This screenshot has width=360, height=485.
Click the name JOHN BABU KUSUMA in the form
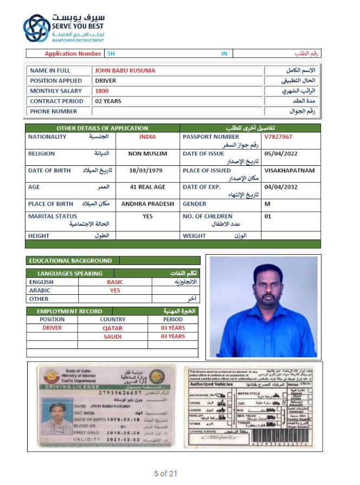pyautogui.click(x=125, y=70)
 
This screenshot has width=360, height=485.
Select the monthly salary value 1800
pyautogui.click(x=102, y=91)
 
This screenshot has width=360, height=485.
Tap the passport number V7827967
pyautogui.click(x=278, y=137)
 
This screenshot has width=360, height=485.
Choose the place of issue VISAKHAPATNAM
pyautogui.click(x=290, y=171)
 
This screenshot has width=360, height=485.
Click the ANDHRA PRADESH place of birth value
pyautogui.click(x=147, y=204)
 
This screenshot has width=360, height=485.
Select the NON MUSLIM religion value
pyautogui.click(x=147, y=154)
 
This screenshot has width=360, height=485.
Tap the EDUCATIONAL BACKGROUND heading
pyautogui.click(x=70, y=261)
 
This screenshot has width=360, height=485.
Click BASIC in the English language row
pyautogui.click(x=115, y=282)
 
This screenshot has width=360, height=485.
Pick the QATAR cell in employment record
pyautogui.click(x=113, y=328)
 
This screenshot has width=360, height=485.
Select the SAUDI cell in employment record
pyautogui.click(x=113, y=337)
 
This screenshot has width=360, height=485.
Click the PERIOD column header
pyautogui.click(x=173, y=320)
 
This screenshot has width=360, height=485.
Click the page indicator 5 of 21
pyautogui.click(x=166, y=474)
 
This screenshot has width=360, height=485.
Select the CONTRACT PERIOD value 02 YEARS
pyautogui.click(x=108, y=101)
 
